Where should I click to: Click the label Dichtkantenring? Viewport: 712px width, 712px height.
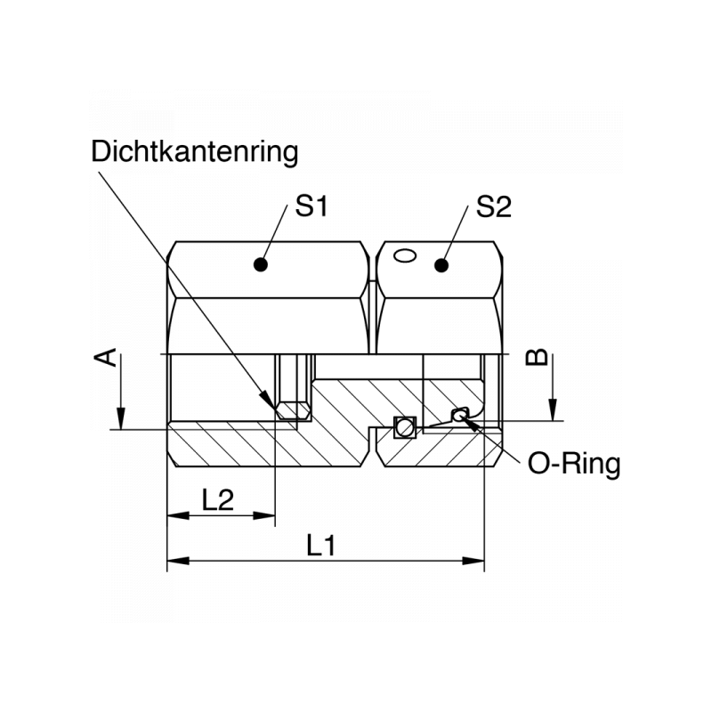(194, 151)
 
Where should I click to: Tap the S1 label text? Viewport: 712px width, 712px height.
(312, 207)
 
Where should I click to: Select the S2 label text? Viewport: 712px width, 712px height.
(494, 207)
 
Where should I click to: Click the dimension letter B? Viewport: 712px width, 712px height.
(536, 357)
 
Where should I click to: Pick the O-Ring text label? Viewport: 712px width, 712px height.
(574, 464)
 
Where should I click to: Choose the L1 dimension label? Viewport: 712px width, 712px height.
(321, 545)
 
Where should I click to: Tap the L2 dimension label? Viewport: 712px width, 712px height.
(218, 499)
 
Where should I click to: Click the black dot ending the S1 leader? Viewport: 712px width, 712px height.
(261, 264)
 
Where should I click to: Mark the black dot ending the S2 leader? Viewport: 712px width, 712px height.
(440, 264)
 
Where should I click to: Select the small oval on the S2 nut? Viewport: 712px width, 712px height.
(405, 255)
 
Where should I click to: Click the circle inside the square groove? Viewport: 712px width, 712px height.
(404, 428)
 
